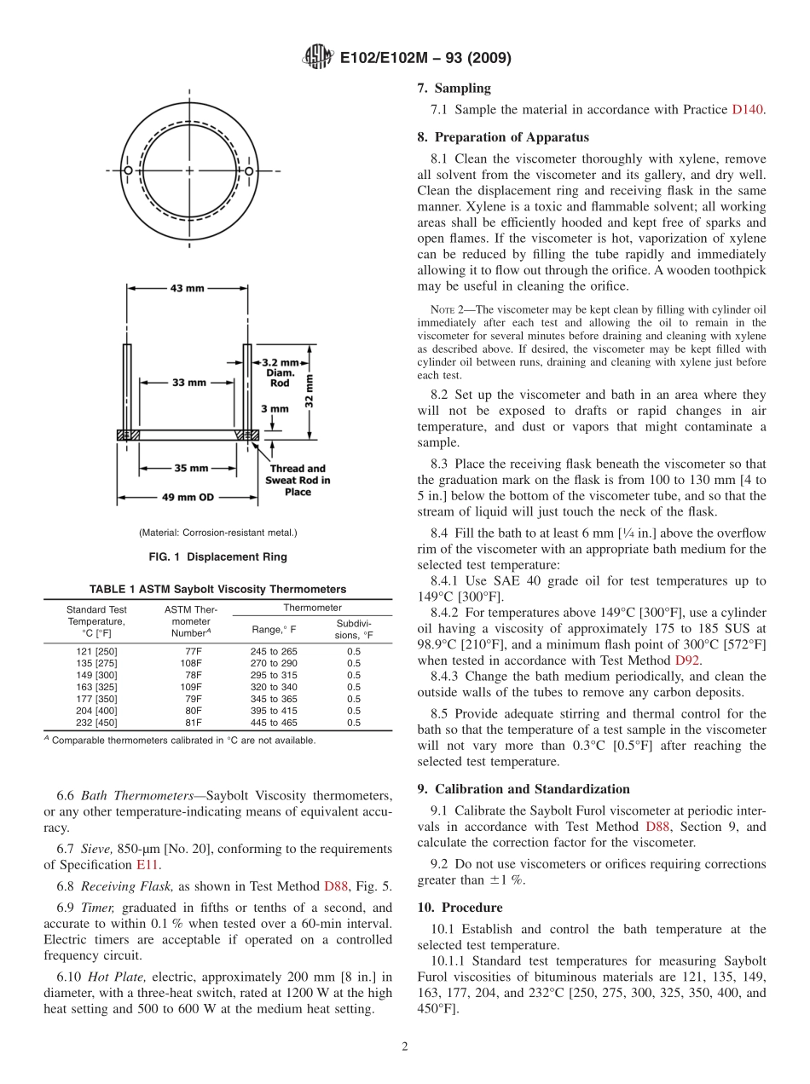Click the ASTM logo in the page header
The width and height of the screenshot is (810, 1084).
318,58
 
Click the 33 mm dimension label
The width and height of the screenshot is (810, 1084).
189,383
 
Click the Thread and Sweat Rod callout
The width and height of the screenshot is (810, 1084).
298,480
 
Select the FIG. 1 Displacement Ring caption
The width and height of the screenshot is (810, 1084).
217,557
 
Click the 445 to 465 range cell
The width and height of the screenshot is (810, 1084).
275,723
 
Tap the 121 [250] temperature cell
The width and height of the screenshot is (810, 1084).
96,651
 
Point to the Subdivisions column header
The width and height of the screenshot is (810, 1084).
353,629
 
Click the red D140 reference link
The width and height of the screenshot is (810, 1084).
748,110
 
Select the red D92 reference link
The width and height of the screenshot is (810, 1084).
688,660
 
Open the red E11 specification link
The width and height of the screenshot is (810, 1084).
148,864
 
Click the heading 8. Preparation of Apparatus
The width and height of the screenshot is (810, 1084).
502,137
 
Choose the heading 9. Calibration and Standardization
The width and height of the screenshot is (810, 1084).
524,789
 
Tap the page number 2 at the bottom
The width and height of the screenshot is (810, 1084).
405,1047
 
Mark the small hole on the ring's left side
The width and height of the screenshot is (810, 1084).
128,171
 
